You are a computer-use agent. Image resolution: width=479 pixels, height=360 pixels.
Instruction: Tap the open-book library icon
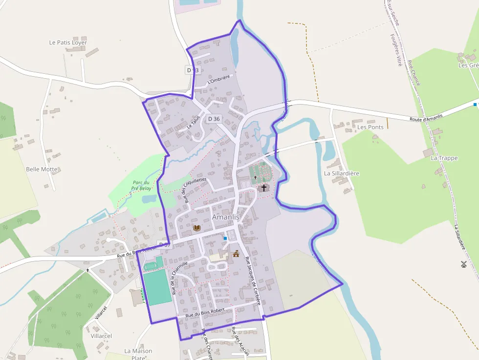(x=196, y=228)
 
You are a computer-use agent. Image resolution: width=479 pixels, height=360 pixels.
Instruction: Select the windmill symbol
(x=463, y=264)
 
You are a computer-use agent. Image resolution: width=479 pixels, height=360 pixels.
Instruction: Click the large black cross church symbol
(x=264, y=188)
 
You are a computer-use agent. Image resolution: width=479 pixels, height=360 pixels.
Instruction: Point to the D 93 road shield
(x=193, y=70)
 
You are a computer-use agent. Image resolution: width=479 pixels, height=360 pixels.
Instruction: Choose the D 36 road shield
(x=214, y=119)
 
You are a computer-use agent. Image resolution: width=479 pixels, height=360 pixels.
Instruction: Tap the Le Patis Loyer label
(x=68, y=42)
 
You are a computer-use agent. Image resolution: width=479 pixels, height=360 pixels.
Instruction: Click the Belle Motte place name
(x=42, y=169)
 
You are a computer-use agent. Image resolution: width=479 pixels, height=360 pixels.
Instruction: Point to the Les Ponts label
(x=370, y=127)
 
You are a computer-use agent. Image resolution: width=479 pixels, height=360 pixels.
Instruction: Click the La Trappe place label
(x=444, y=158)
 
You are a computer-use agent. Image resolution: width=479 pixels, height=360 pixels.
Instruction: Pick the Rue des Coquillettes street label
(x=195, y=189)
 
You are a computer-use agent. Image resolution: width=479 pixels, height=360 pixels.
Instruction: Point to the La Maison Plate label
(x=138, y=354)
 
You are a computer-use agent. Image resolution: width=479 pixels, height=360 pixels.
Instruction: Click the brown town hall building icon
(x=236, y=253)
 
